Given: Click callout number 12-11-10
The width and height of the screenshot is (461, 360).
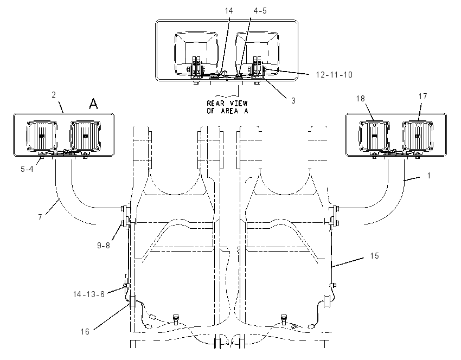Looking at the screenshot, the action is (x=334, y=75).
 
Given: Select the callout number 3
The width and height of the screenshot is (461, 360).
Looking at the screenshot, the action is (x=293, y=100).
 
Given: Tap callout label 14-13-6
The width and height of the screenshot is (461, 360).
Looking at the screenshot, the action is (x=89, y=294).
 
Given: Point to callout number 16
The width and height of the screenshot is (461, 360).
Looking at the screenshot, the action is (x=85, y=332).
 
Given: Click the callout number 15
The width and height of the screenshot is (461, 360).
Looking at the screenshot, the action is (x=374, y=256).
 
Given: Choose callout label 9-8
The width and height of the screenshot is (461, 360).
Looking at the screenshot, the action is (x=104, y=246).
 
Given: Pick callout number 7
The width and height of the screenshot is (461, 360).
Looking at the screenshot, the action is (x=40, y=217).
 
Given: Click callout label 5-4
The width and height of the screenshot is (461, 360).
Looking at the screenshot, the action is (x=27, y=169).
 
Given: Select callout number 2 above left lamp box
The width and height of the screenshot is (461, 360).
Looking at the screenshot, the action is (x=54, y=95).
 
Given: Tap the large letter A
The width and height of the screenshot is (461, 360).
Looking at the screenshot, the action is (x=93, y=104).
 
